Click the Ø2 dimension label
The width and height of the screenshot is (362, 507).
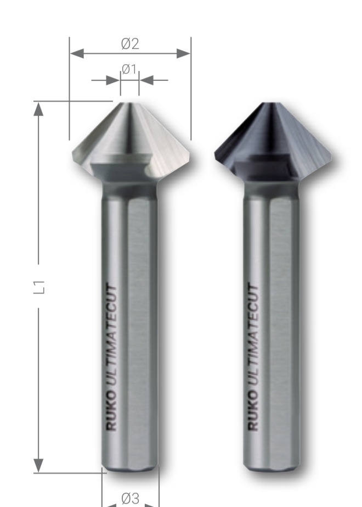coord(130,43)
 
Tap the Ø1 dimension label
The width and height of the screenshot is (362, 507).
coord(129,69)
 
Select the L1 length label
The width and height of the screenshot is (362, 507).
coord(39,287)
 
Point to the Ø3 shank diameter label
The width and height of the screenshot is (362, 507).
coord(131,498)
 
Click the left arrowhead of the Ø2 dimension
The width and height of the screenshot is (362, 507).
coord(77,53)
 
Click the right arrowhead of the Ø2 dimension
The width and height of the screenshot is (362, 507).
coord(183,53)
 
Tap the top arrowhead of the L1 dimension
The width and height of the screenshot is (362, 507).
coord(38,109)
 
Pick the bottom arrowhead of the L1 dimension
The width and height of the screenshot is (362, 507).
coord(38,465)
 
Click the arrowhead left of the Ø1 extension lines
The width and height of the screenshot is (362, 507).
coord(113,80)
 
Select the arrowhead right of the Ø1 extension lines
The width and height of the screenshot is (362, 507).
coord(146,80)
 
